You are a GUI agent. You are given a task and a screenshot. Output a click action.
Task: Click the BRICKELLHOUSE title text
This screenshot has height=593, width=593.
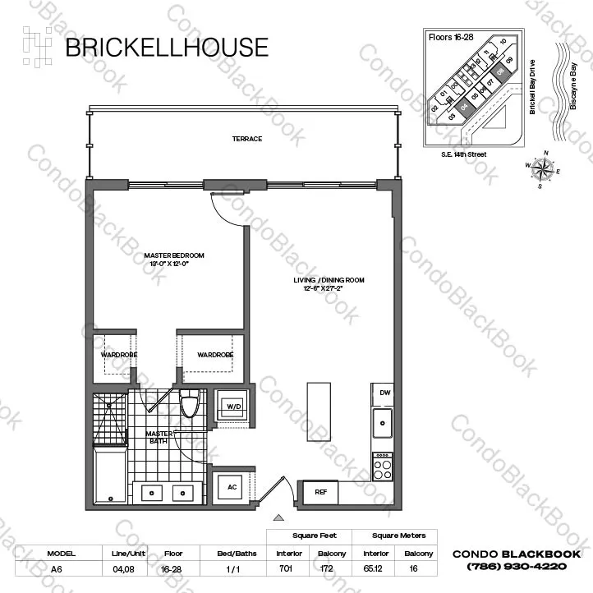click(x=166, y=47)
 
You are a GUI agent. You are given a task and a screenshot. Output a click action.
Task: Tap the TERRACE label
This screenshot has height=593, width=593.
click(x=246, y=139)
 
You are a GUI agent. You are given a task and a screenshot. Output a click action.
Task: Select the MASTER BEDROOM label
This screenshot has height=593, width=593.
click(x=174, y=260)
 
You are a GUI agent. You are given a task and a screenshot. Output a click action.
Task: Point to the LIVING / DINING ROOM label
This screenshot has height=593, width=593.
click(x=329, y=284)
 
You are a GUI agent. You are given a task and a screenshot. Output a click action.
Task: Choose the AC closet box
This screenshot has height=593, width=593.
click(x=232, y=487)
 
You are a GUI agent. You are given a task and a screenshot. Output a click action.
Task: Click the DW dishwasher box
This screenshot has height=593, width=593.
click(x=384, y=394)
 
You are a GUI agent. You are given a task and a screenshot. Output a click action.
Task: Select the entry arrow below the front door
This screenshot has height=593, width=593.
click(x=278, y=517)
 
